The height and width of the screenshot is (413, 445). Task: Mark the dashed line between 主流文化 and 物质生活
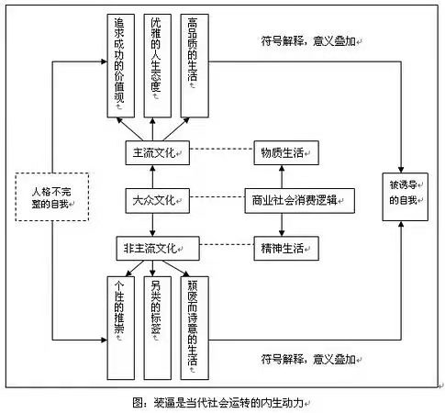pos(222,149)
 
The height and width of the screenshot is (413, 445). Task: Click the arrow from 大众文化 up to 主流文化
pos(153,176)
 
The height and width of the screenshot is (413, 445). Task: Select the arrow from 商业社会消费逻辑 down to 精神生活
pos(282,225)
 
